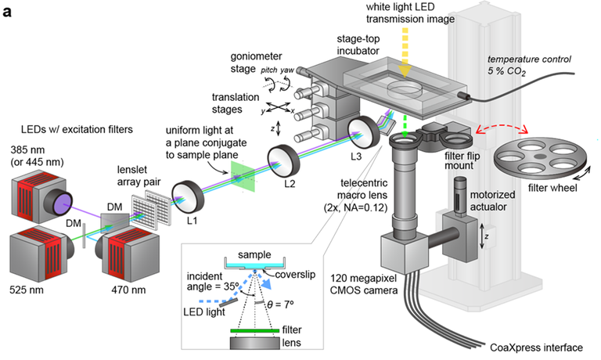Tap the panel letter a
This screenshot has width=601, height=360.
tap(8, 11)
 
